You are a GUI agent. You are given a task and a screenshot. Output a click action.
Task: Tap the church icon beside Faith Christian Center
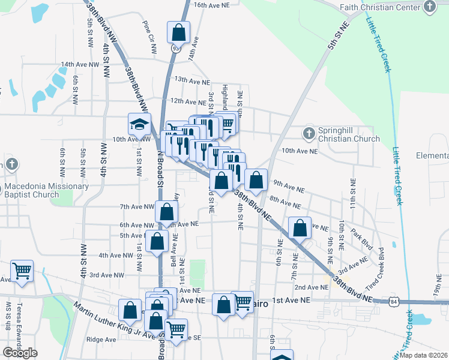tap(430, 7)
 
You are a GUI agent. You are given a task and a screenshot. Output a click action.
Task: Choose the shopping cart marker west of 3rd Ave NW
tap(22, 271)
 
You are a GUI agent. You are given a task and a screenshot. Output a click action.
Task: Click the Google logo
tap(20, 353)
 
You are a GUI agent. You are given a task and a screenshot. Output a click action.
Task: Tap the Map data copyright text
tap(424, 355)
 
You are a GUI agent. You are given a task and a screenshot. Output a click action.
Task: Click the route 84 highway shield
tap(391, 300)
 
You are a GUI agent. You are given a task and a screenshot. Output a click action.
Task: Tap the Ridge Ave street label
tap(101, 340)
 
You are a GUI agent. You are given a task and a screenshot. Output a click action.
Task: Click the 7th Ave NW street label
tap(138, 206)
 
